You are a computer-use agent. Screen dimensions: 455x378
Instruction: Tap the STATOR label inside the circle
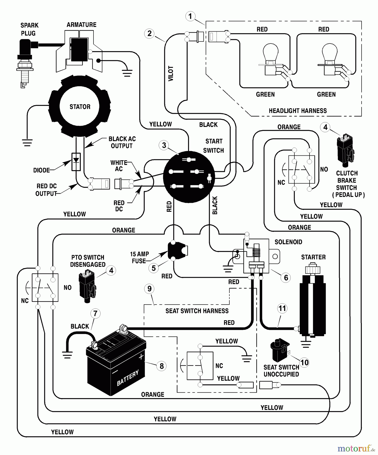coord(80,107)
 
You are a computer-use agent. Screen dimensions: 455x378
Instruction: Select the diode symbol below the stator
coord(76,162)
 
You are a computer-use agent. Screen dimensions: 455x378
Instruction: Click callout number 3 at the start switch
coord(164,145)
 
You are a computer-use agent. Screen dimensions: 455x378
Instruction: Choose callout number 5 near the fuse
coord(154,268)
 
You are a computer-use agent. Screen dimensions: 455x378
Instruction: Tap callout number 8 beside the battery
coord(162,366)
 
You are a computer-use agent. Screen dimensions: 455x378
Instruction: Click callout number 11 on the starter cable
coord(282,308)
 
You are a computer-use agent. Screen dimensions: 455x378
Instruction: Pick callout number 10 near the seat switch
coord(304,363)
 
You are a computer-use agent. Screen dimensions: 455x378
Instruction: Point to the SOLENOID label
coord(288,242)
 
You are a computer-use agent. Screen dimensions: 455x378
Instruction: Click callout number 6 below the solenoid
coord(286,278)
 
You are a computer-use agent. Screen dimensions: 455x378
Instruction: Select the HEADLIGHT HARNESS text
coord(298,111)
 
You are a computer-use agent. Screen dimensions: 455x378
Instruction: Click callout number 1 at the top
coord(190,16)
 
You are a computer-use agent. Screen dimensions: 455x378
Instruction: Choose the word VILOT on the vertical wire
coord(171,74)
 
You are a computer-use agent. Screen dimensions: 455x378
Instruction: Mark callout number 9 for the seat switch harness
coord(149,289)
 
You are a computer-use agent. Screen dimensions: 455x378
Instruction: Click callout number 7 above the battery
coord(95,313)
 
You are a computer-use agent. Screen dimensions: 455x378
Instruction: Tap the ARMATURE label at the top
coord(81,25)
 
